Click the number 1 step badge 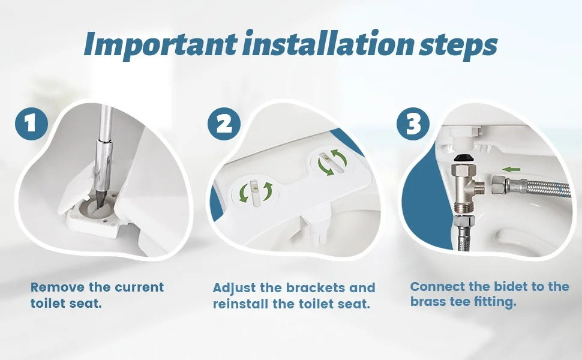[31, 124]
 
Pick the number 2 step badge [224, 124]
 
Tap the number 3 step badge [413, 124]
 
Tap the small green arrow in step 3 [511, 169]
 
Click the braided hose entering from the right [540, 187]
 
